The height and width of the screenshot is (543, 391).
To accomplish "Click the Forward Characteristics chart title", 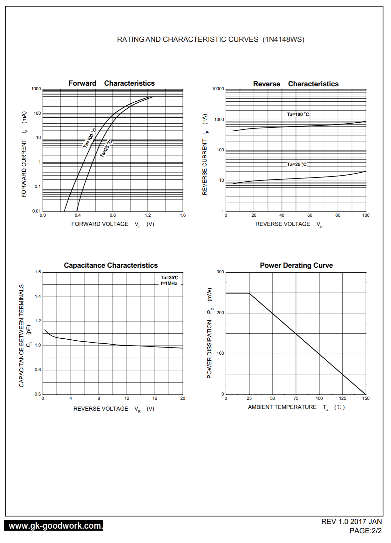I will pyautogui.click(x=111, y=83).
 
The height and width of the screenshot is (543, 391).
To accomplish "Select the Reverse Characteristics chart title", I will pyautogui.click(x=296, y=84).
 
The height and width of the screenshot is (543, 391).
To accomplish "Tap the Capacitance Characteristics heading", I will pyautogui.click(x=111, y=265).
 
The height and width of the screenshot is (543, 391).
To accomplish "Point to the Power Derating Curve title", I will pyautogui.click(x=296, y=265).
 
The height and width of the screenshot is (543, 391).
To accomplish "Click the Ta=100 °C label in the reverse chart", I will pyautogui.click(x=298, y=114).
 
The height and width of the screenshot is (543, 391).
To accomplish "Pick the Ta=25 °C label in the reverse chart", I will pyautogui.click(x=297, y=164).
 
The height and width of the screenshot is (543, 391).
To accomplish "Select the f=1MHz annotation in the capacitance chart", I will pyautogui.click(x=169, y=283).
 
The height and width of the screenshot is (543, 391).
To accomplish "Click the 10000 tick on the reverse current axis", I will pyautogui.click(x=218, y=89).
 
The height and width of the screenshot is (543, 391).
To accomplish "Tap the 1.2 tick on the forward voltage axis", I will pyautogui.click(x=148, y=215).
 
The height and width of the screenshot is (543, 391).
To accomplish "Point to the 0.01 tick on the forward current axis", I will pyautogui.click(x=36, y=211).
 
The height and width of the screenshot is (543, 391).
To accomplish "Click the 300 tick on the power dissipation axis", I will pyautogui.click(x=220, y=272).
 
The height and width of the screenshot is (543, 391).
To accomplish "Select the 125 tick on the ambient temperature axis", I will pyautogui.click(x=342, y=399).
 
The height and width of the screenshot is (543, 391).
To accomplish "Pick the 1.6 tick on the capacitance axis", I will pyautogui.click(x=38, y=272).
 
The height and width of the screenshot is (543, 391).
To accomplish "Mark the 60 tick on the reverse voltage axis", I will pyautogui.click(x=310, y=215).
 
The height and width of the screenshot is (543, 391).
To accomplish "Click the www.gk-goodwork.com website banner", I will pyautogui.click(x=54, y=526).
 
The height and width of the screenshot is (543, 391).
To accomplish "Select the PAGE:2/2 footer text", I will pyautogui.click(x=365, y=531).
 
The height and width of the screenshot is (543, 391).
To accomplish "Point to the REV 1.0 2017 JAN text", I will pyautogui.click(x=351, y=522).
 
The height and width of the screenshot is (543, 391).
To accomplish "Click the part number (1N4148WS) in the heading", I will pyautogui.click(x=283, y=40).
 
